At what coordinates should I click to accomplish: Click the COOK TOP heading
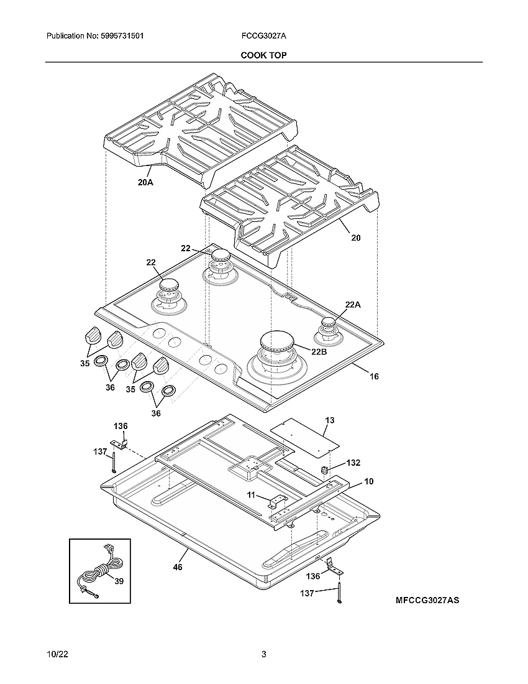tap(263, 55)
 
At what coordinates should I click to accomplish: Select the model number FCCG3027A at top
tap(263, 37)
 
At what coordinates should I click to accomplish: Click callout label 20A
tap(145, 183)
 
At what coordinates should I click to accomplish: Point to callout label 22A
tap(353, 304)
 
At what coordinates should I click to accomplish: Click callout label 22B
tap(319, 351)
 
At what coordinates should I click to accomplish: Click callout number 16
tap(373, 376)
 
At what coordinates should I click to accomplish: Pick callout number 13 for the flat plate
tap(330, 420)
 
